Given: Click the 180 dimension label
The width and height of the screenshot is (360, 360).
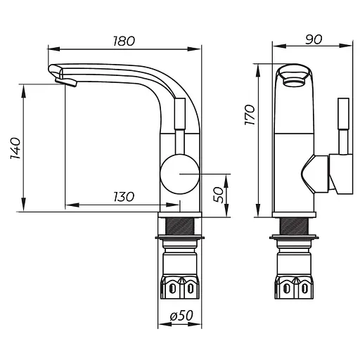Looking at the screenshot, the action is click(124, 41).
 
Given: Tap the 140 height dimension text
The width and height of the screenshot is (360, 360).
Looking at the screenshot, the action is click(15, 148).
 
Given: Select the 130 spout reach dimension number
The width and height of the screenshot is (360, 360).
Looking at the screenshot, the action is click(124, 197).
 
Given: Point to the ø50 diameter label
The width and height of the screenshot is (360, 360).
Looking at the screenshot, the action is click(181, 315).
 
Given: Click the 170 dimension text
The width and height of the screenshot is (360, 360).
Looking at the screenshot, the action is click(250, 115).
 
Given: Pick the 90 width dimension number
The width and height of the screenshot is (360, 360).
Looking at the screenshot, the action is click(314, 39).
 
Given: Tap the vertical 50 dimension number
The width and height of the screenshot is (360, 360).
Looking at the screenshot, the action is click(219, 195).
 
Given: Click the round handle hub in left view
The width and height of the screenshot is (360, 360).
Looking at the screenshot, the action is click(180, 174).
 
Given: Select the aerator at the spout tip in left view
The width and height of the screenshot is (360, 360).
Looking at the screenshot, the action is click(66, 82).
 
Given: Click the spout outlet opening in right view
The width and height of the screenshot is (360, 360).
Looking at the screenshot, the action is click(295, 82).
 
